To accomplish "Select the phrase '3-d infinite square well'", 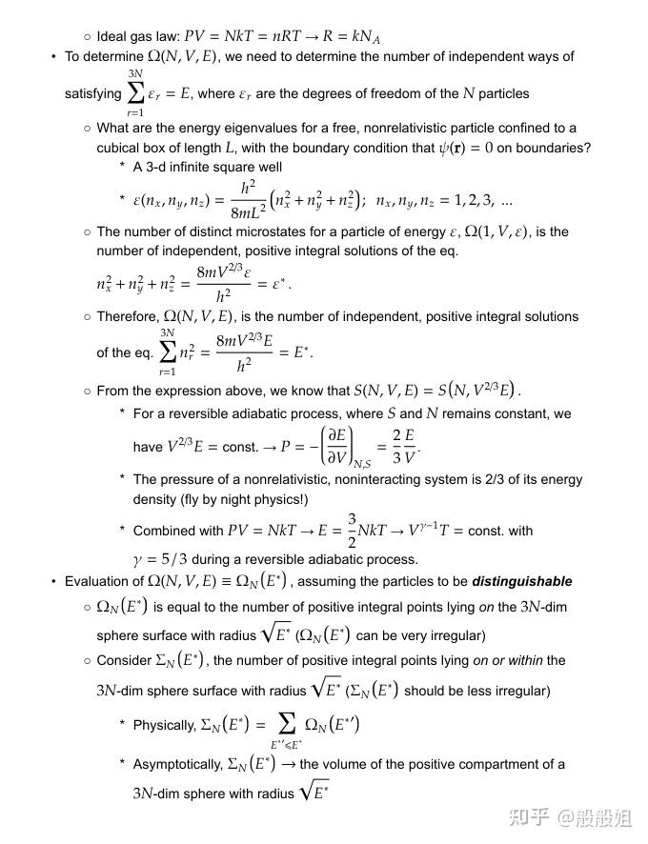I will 208,168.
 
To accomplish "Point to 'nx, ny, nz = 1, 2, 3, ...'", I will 444,201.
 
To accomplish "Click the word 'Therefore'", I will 128,316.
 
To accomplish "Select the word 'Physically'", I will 164,726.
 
